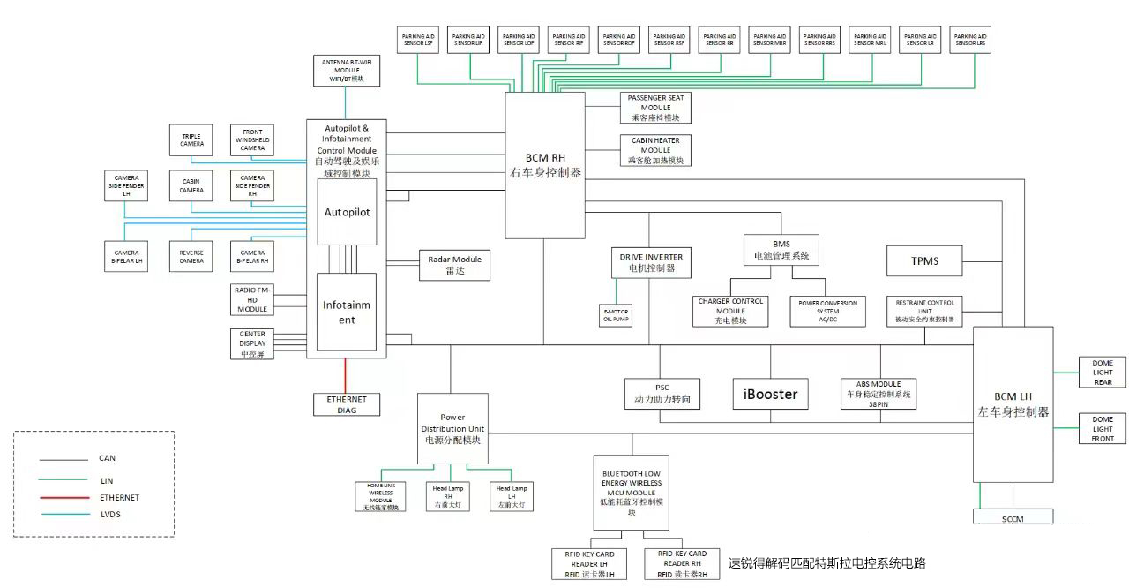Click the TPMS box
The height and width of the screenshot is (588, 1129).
(923, 261)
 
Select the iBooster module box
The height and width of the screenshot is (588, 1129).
(770, 394)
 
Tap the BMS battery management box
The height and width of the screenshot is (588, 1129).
(781, 250)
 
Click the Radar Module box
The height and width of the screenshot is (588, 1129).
(454, 265)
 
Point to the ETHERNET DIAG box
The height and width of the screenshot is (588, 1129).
(347, 404)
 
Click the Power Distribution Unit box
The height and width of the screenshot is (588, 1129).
(452, 428)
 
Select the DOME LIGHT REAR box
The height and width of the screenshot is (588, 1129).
(1103, 373)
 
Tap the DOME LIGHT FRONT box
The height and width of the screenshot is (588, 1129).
(1103, 428)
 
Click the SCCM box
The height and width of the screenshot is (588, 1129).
(1013, 517)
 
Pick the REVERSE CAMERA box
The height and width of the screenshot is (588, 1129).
(191, 256)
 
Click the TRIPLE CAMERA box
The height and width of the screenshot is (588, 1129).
(191, 139)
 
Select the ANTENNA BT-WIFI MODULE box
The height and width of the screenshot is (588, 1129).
(347, 71)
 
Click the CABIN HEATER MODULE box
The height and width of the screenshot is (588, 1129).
(655, 150)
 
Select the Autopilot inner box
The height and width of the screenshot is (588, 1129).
(347, 212)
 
